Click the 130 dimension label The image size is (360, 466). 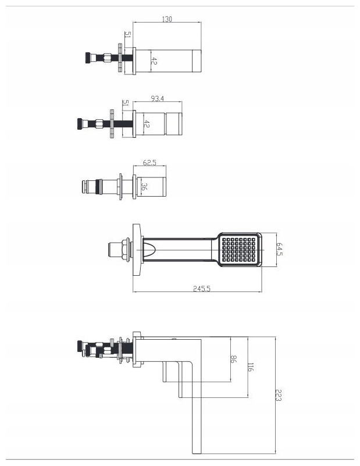click(167, 19)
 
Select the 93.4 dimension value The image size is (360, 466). click(158, 98)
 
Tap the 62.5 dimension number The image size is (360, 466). click(149, 162)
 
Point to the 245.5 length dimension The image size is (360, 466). click(202, 289)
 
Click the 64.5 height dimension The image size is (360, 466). click(280, 250)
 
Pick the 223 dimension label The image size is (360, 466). click(278, 395)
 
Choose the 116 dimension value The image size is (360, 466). click(251, 367)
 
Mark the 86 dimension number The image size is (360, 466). click(233, 359)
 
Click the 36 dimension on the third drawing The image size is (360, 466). click(144, 187)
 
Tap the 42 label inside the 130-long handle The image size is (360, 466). click(154, 61)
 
